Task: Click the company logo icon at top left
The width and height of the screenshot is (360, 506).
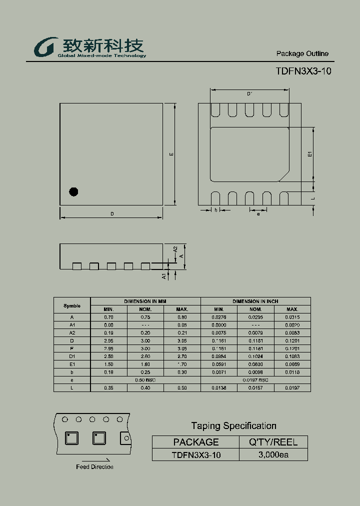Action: click(x=44, y=48)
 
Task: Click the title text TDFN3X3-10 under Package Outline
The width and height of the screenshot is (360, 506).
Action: click(x=303, y=71)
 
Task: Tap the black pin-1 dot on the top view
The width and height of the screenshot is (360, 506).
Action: click(x=74, y=191)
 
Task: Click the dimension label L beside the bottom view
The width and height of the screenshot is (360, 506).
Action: click(x=312, y=198)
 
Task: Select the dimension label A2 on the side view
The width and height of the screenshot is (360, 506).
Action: click(x=175, y=249)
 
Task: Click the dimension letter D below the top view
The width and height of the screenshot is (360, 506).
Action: click(x=112, y=214)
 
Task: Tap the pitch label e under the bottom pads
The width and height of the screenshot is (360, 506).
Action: click(x=258, y=214)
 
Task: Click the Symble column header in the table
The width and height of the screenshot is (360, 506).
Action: click(x=72, y=305)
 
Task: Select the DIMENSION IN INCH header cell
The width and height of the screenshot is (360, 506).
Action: click(x=255, y=301)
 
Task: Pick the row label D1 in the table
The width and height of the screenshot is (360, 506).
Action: click(x=72, y=356)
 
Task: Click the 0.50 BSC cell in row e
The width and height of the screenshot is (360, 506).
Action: click(x=145, y=380)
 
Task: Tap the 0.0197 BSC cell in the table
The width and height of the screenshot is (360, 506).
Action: click(x=255, y=380)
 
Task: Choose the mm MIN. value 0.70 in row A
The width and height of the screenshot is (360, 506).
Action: click(x=108, y=317)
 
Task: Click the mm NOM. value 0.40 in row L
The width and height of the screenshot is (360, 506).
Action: click(x=145, y=388)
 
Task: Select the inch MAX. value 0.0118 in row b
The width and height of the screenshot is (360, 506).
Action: click(x=292, y=372)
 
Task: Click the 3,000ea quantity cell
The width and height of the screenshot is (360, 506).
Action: click(x=273, y=455)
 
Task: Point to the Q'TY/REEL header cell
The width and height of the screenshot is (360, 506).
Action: click(x=273, y=442)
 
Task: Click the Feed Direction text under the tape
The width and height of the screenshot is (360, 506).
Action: click(x=94, y=467)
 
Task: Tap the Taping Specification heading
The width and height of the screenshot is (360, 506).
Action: click(x=233, y=426)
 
